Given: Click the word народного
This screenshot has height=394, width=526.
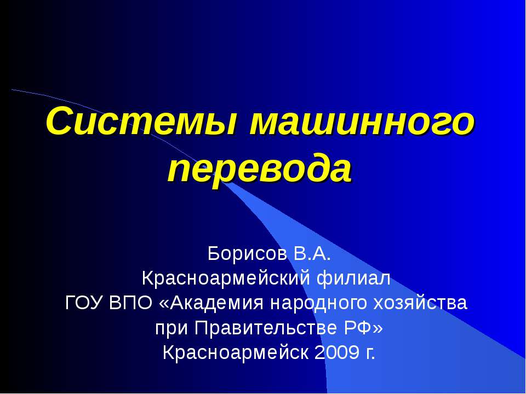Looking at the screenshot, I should [x=311, y=303].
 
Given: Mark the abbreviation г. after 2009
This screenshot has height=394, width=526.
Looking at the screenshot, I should [x=370, y=354].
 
